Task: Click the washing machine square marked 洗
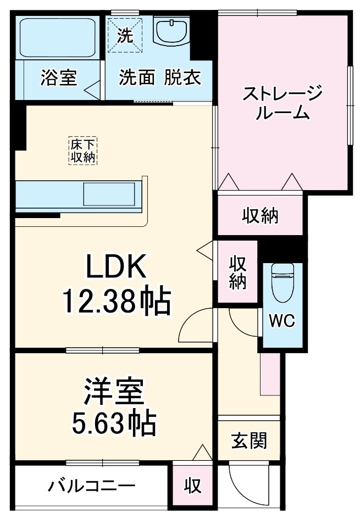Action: point(125,35)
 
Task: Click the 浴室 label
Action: point(58,79)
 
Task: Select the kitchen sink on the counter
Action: point(108,195)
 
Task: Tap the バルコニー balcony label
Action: point(91,486)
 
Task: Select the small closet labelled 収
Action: point(192,486)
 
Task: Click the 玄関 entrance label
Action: point(249,441)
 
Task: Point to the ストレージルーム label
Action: point(283,103)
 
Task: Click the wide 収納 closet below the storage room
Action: point(261,216)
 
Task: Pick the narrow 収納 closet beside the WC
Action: point(237,272)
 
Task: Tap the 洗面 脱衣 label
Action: point(159,79)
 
